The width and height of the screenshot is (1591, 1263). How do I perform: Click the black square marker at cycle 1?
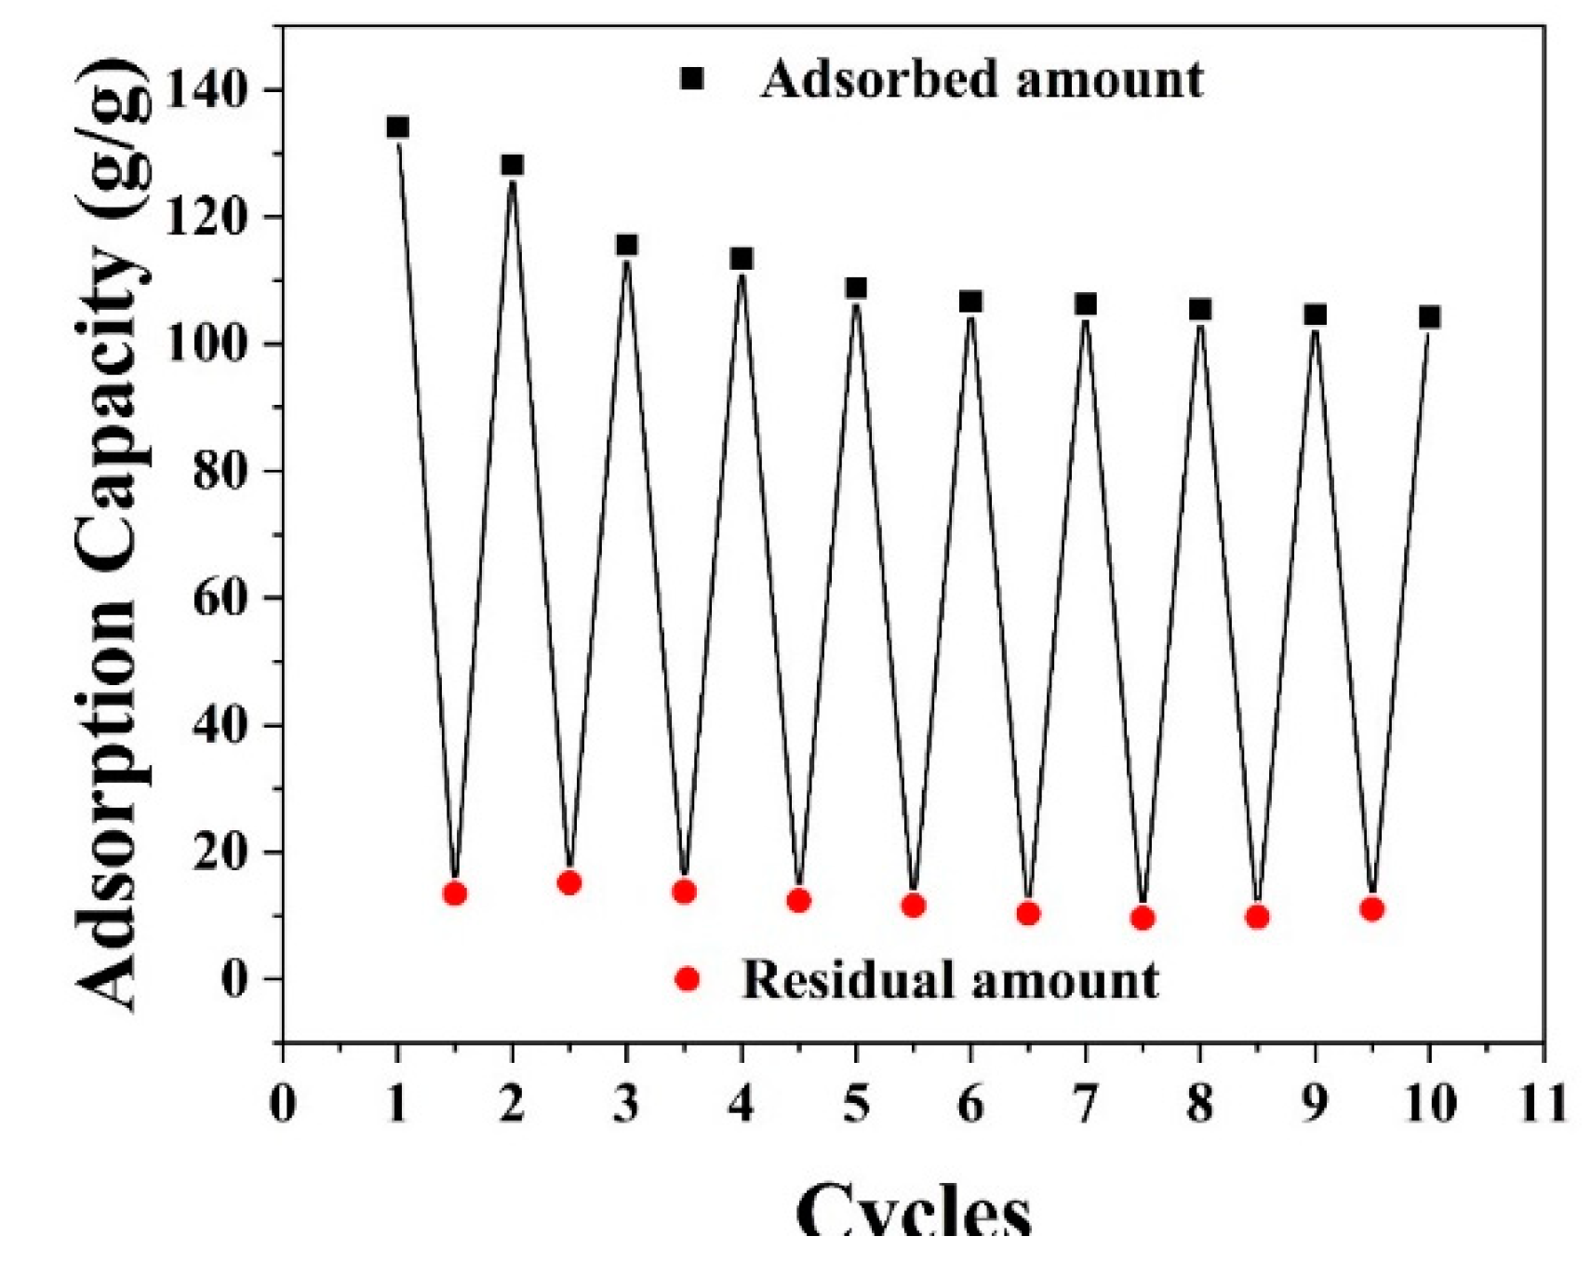coord(397,128)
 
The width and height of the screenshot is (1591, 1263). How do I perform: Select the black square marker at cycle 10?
coord(1429,317)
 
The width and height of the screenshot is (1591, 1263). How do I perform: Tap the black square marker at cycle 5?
coord(856,289)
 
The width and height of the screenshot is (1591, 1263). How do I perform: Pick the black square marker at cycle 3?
coord(627,245)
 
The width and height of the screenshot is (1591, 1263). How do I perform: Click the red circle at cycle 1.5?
coord(454,894)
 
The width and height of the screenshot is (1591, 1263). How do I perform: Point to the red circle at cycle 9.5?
coord(1371,909)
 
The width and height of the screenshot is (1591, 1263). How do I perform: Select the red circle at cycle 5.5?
coord(913,906)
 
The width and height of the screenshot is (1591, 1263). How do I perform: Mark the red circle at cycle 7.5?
coord(1143,919)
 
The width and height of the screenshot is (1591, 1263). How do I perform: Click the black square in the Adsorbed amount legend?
coord(691,79)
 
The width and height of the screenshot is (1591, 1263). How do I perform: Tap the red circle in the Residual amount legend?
coord(687,979)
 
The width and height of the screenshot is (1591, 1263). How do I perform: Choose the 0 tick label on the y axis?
coord(235,979)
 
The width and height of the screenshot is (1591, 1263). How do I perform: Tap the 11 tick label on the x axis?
coord(1542,1105)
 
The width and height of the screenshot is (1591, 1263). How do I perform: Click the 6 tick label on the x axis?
coord(970,1105)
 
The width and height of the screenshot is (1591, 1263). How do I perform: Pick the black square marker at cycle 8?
coord(1200,309)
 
